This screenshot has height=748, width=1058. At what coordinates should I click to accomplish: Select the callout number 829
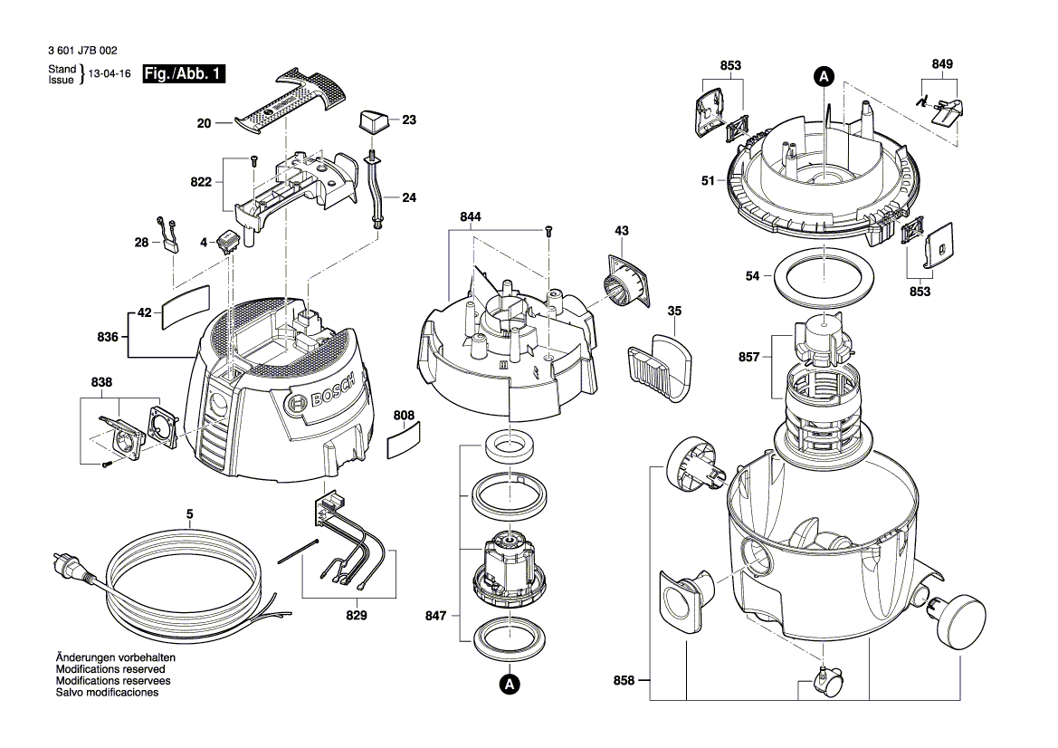tap(357, 616)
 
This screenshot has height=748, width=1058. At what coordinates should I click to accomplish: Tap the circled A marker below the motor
tap(510, 685)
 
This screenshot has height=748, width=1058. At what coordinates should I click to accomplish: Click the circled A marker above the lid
tap(824, 77)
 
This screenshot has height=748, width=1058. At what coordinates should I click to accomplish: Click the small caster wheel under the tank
tap(828, 681)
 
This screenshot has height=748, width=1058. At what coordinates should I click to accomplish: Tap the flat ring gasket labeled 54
tap(824, 276)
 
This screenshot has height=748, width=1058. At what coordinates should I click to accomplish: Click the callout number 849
tap(942, 64)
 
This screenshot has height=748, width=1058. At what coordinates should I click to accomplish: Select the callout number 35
tap(674, 311)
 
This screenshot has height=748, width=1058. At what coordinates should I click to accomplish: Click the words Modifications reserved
tap(111, 669)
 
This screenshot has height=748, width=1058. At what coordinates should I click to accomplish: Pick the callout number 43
tap(622, 231)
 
